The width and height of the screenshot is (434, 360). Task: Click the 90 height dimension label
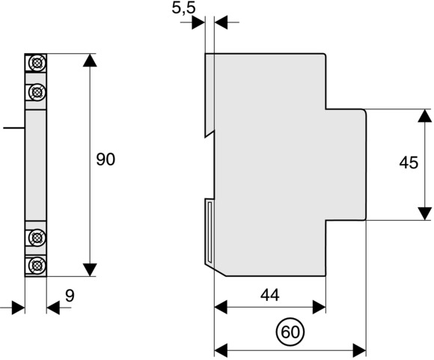pos(106,159)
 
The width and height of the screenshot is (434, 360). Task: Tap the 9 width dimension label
pos(70,296)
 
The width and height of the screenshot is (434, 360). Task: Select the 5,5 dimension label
pos(183,7)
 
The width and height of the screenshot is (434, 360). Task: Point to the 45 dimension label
pos(409,162)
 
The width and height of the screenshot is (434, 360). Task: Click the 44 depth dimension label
pos(270,295)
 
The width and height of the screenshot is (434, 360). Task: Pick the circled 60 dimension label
pos(290,332)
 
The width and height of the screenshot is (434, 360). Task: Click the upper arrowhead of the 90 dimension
pos(90,61)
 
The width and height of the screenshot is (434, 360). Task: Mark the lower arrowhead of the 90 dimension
pos(90,269)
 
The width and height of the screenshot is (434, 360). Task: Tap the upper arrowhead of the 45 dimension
pos(425,116)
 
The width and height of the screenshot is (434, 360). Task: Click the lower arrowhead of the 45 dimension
pos(425,213)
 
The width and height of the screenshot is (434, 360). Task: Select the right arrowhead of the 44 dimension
pos(319,307)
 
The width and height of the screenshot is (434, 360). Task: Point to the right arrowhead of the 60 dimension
pos(360,350)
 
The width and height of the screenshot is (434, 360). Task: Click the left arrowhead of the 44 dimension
pos(221,307)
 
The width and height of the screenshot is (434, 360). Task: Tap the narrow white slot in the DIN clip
pos(210,232)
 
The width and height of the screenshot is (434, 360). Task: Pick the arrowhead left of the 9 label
pos(18,308)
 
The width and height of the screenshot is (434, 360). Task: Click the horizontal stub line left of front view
pos(13,128)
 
